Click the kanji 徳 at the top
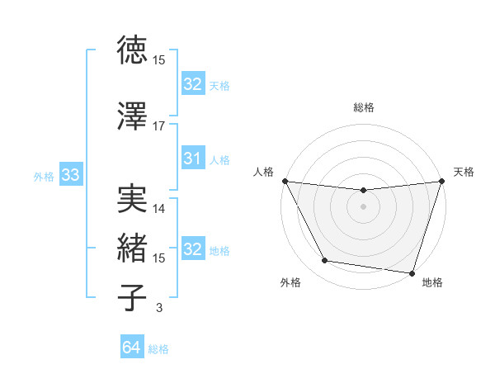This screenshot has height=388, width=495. pyautogui.click(x=133, y=51)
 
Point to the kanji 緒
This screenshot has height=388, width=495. pyautogui.click(x=133, y=247)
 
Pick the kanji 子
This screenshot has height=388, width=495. pyautogui.click(x=133, y=297)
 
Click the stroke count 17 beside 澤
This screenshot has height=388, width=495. pyautogui.click(x=159, y=125)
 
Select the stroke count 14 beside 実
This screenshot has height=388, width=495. pyautogui.click(x=159, y=209)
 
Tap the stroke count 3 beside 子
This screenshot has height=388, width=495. pyautogui.click(x=159, y=309)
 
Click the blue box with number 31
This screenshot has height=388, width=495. pyautogui.click(x=192, y=159)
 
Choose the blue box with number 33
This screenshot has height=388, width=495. pyautogui.click(x=70, y=175)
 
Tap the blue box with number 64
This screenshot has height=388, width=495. pyautogui.click(x=132, y=348)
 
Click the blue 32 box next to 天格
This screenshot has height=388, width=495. pyautogui.click(x=192, y=84)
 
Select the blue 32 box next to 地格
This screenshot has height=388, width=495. pyautogui.click(x=192, y=249)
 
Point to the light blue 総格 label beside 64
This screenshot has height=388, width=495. pyautogui.click(x=158, y=349)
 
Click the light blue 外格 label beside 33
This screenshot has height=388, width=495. pyautogui.click(x=44, y=176)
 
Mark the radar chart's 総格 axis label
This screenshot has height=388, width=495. pyautogui.click(x=364, y=107)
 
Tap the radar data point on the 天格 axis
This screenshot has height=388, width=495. pyautogui.click(x=441, y=182)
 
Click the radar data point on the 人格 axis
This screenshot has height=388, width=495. pyautogui.click(x=285, y=181)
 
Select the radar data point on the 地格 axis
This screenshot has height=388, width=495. pyautogui.click(x=412, y=272)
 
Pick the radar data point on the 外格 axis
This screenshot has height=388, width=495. pyautogui.click(x=325, y=261)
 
